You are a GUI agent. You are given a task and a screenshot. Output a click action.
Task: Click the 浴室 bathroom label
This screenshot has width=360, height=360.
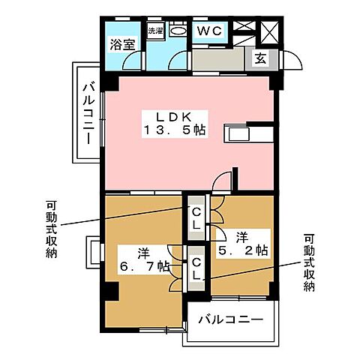pos(123,44)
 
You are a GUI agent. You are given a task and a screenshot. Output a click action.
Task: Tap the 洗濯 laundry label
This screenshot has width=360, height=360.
pos(154,31)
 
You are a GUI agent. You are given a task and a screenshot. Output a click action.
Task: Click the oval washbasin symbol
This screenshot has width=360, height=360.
pos(178,31)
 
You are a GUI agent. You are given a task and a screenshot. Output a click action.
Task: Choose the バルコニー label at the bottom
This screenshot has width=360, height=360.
pos(230,320)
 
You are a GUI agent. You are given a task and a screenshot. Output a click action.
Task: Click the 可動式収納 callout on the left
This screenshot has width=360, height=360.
pos(50,228)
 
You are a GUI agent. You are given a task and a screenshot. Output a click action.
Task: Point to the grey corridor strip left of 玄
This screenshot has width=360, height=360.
pos(217,59)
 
